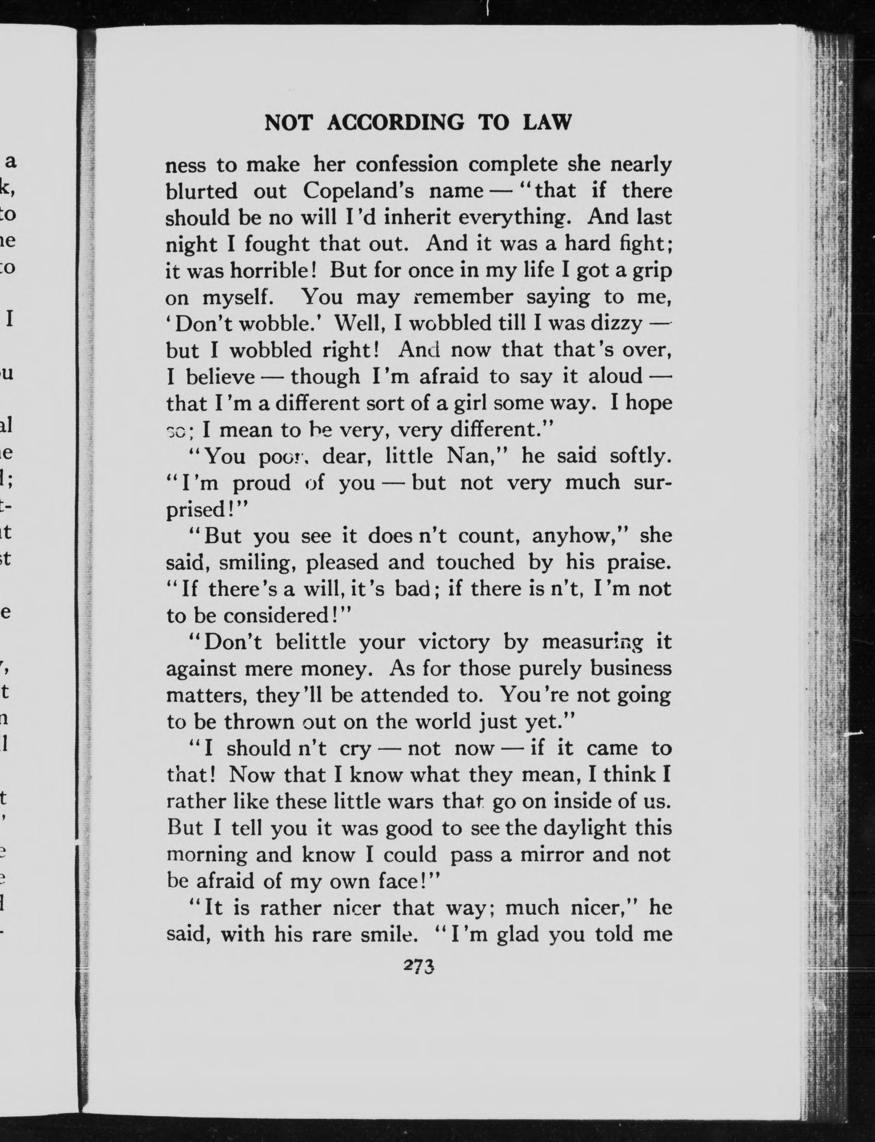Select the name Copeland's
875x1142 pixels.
click(x=358, y=191)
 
